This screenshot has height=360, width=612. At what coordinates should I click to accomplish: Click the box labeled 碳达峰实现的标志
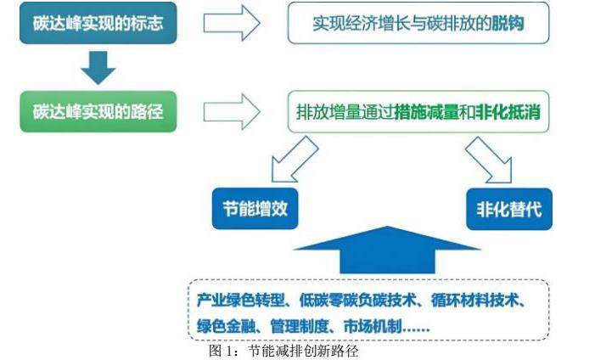click(98, 24)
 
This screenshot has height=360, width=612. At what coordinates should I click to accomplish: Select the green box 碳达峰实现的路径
click(98, 112)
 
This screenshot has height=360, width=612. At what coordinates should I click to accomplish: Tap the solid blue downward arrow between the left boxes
click(98, 68)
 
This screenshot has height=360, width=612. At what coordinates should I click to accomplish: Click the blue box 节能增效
click(255, 208)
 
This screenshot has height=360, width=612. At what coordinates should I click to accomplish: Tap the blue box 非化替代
click(509, 209)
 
